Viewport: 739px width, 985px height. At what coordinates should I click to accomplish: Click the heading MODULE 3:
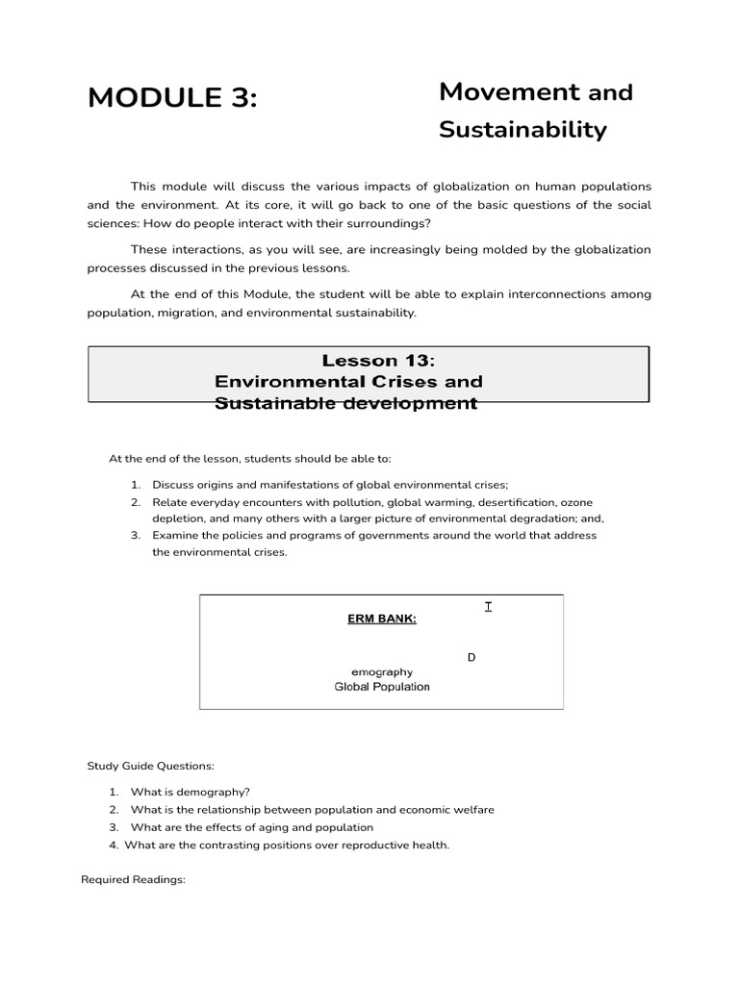172,98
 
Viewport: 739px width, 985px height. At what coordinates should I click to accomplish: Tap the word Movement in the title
509,92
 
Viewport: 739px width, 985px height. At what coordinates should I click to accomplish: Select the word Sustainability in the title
522,130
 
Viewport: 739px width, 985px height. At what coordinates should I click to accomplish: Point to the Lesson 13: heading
378,361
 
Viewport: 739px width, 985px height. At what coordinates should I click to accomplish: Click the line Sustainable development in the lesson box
346,403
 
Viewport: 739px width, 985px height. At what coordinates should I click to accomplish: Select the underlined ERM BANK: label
382,619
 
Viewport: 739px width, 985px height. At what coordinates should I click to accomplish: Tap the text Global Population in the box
382,687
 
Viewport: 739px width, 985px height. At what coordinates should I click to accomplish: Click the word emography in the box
382,672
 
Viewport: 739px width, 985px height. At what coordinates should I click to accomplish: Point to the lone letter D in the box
471,658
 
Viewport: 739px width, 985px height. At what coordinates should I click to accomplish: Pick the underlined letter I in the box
489,606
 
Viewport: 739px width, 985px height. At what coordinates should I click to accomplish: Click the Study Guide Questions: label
151,766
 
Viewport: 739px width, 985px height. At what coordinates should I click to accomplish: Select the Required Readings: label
133,880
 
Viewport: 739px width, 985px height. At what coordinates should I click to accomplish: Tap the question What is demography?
190,792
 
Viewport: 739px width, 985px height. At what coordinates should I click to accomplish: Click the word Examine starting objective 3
175,536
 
